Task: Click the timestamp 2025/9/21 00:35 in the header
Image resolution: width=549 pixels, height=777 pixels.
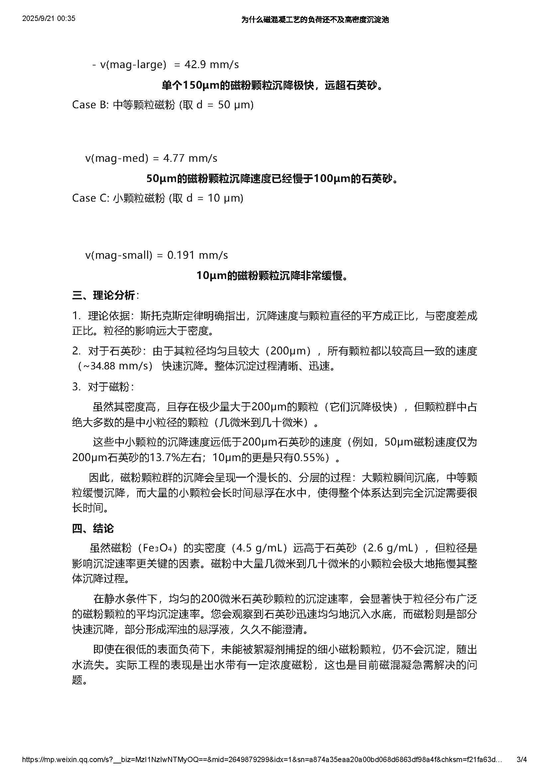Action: pyautogui.click(x=49, y=19)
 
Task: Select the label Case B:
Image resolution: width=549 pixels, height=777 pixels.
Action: pyautogui.click(x=90, y=105)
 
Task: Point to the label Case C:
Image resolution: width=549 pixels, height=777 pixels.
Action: pyautogui.click(x=90, y=198)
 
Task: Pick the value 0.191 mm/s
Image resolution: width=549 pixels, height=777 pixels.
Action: pyautogui.click(x=198, y=255)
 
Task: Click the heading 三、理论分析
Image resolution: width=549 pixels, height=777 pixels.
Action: pyautogui.click(x=104, y=295)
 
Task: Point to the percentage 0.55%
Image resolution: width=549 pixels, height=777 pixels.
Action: pyautogui.click(x=309, y=457)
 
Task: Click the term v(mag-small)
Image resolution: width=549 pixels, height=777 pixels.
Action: pyautogui.click(x=119, y=255)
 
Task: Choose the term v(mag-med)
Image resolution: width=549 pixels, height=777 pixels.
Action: pyautogui.click(x=117, y=158)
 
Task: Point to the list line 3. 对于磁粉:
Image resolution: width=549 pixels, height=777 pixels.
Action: pyautogui.click(x=103, y=387)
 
